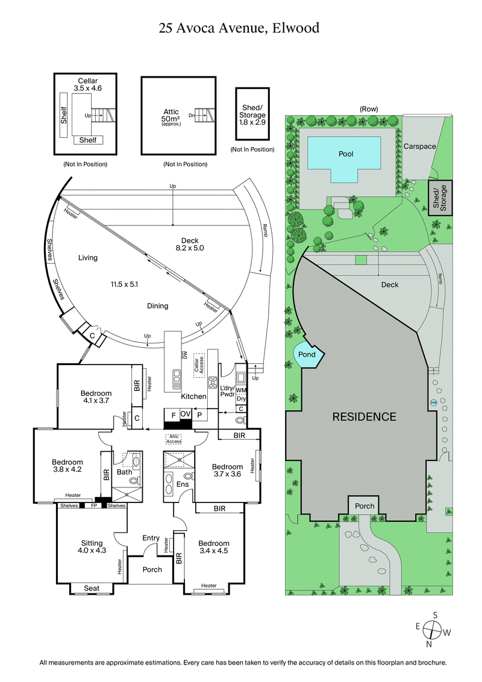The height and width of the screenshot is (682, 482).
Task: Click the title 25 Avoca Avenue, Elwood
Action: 239,27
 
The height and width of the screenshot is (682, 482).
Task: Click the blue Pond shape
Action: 307,354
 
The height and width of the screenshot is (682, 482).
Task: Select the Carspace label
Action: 419,146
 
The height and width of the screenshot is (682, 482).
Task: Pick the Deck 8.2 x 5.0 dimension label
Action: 190,244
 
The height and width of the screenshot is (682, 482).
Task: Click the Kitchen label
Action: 194,396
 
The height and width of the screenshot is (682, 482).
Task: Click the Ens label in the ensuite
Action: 183,484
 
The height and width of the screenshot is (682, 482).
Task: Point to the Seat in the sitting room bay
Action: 92,588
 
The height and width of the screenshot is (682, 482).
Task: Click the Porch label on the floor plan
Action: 152,569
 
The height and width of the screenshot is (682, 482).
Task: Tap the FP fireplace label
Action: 93,505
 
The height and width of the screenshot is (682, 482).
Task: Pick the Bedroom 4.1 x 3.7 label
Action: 96,397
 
